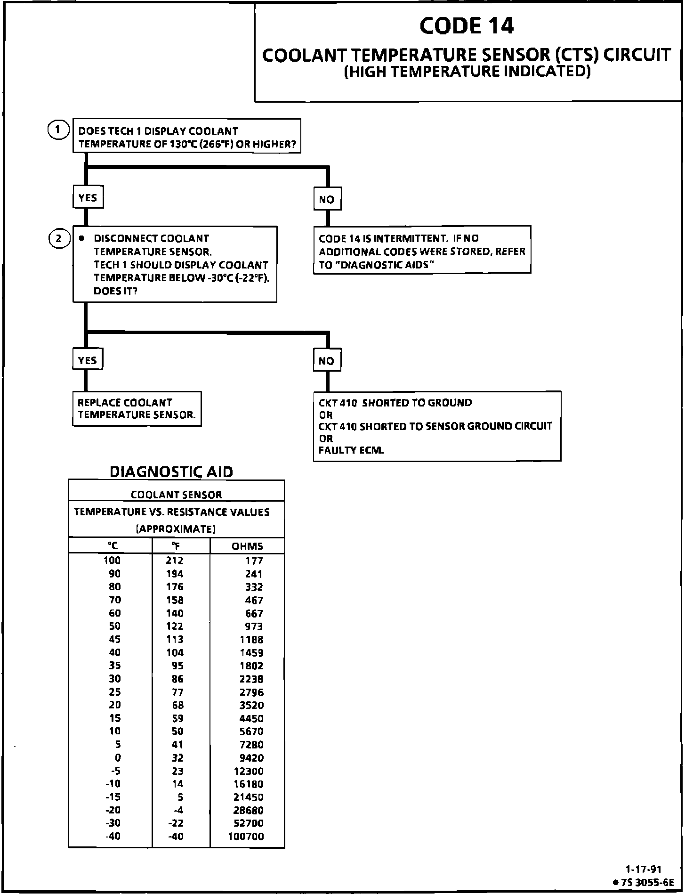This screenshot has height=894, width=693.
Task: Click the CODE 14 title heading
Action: click(x=466, y=26)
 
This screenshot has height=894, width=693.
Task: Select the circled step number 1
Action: click(x=57, y=130)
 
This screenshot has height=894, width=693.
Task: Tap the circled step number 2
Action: click(x=58, y=239)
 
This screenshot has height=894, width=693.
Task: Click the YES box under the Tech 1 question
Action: click(x=88, y=198)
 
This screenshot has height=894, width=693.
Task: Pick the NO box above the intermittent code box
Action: click(x=327, y=199)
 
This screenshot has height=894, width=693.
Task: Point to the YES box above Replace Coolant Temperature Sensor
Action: click(x=88, y=360)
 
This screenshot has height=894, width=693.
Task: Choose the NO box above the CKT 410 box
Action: click(x=327, y=361)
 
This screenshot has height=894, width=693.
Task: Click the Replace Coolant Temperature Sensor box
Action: click(x=137, y=409)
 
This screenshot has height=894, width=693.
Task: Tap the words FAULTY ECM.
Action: click(x=351, y=450)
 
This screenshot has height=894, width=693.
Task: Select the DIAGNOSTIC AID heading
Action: click(x=171, y=472)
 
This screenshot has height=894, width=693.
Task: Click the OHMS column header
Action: click(x=247, y=546)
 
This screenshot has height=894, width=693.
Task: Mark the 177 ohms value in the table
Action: click(x=254, y=561)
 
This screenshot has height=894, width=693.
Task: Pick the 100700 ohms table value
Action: click(x=246, y=837)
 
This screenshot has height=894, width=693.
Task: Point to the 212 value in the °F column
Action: click(x=174, y=561)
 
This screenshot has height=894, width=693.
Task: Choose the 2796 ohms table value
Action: click(x=252, y=692)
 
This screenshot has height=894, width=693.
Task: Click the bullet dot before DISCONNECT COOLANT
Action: click(x=82, y=239)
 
